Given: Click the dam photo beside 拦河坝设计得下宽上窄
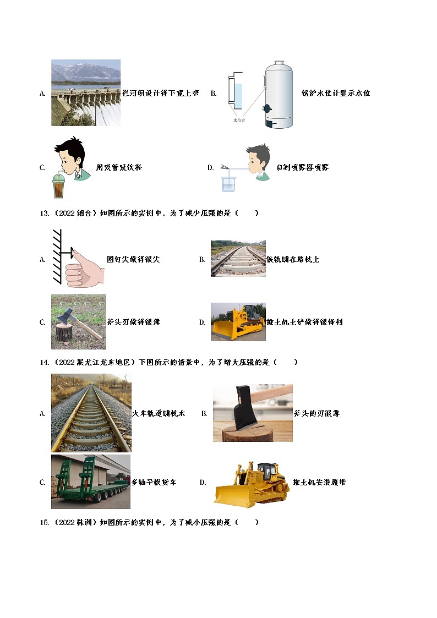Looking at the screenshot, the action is point(86,92).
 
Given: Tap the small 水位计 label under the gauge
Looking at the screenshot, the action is point(239,120).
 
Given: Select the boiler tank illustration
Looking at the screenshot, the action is point(278,94).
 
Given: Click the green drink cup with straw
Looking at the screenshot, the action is point(59,184).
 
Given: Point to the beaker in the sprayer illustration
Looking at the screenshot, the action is point(228,184).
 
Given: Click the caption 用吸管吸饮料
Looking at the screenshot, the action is point(119,167).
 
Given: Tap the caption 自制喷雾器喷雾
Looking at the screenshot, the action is point(303,167).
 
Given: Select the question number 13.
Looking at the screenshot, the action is point(44,213).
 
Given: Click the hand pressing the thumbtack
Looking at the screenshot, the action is point(84,269).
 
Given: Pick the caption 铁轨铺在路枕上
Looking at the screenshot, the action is point(293,259).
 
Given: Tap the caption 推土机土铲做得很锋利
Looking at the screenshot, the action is point(304,322).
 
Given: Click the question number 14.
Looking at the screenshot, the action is point(44,362).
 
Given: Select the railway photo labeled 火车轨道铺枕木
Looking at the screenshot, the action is point(91,413).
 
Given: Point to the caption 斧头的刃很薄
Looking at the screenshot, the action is point(317,413).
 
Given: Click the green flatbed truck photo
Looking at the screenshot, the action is point(91,482).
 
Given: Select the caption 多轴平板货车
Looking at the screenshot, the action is point(154,482).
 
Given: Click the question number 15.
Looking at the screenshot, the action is point(44,523).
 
